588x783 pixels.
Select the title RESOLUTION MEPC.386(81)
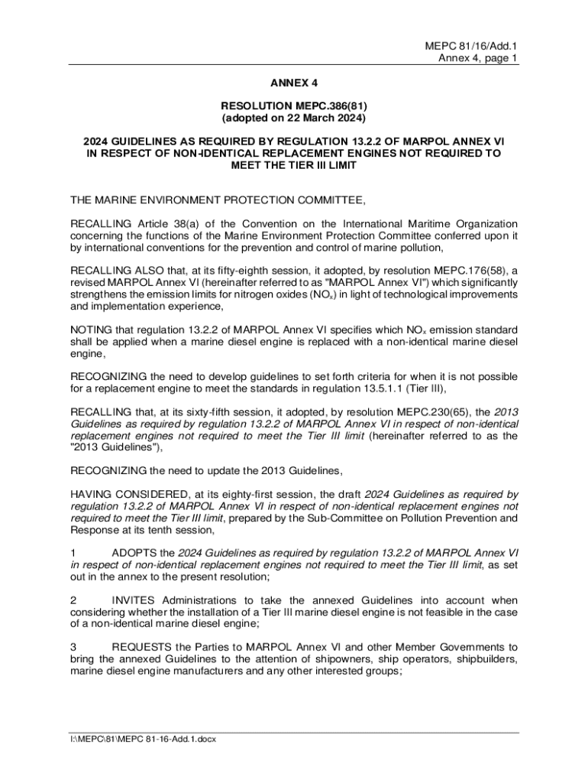294,106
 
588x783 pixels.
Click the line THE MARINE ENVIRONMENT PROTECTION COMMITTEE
218,200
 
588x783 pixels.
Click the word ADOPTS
132,554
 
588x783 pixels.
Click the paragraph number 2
73,601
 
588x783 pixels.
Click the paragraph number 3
73,648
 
